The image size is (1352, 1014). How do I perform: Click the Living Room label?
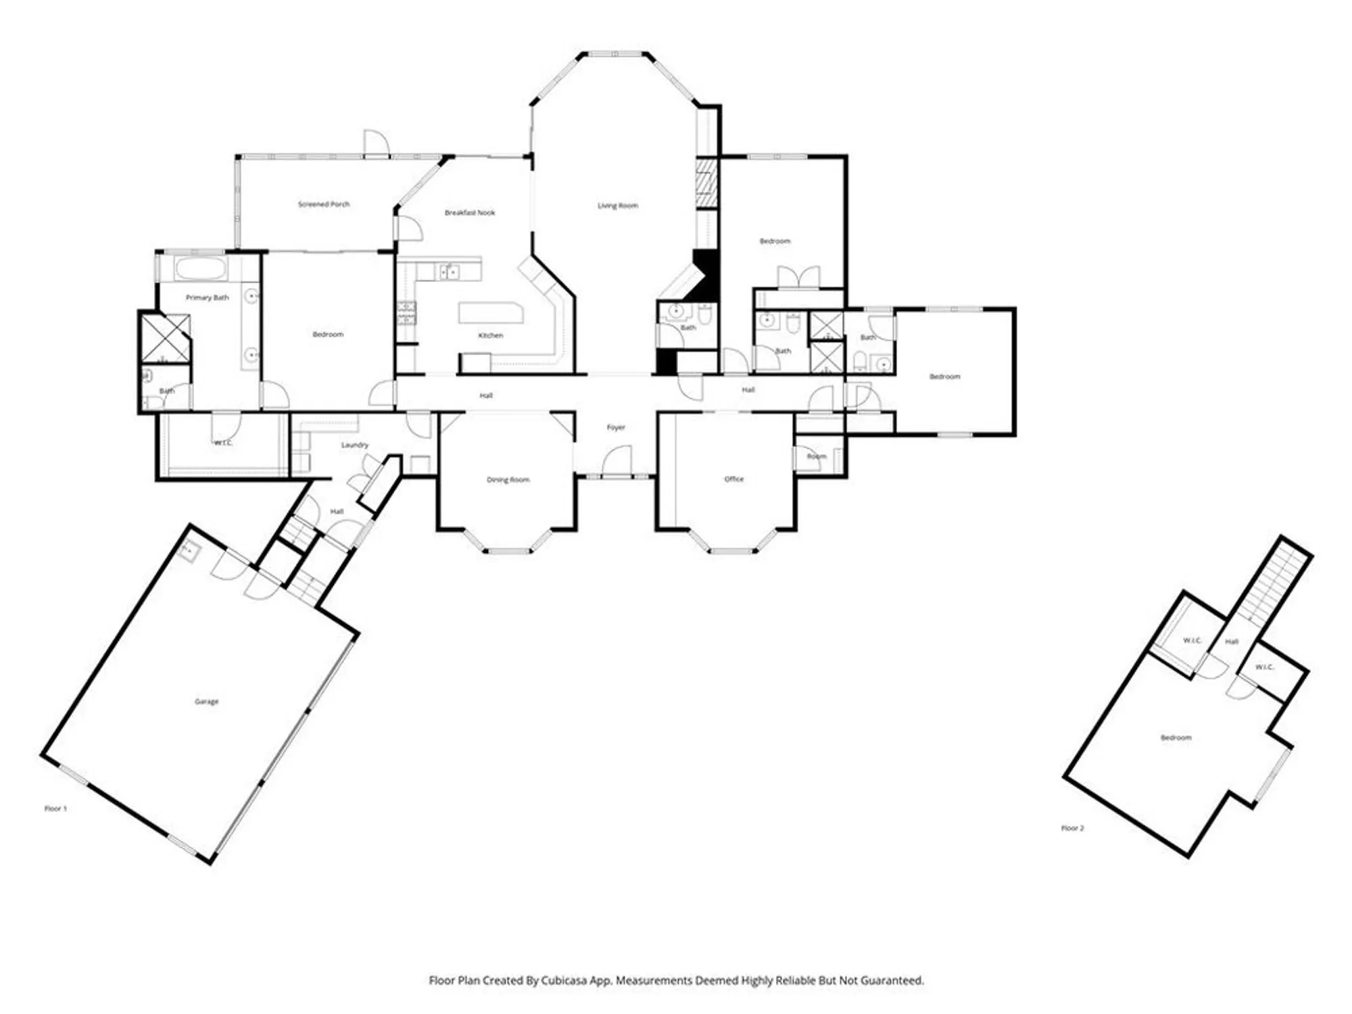click(617, 206)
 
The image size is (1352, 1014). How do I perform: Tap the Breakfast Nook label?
click(470, 212)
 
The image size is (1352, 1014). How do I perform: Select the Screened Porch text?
click(324, 204)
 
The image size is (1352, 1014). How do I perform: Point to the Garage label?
click(206, 702)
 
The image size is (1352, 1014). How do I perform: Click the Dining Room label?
click(508, 480)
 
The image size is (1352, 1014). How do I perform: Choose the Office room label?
click(733, 479)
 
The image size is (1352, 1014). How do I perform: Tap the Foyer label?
click(616, 427)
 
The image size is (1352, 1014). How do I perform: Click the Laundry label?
click(355, 445)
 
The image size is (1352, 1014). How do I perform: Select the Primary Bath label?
click(208, 297)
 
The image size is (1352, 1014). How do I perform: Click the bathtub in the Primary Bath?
click(200, 268)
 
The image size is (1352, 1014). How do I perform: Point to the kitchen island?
click(491, 313)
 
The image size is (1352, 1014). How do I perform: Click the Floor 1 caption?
click(55, 808)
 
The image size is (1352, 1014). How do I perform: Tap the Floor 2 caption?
click(1072, 828)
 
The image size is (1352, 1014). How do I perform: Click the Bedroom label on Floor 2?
click(1176, 738)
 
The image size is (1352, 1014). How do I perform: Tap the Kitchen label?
click(491, 335)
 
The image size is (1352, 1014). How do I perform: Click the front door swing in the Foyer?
click(617, 461)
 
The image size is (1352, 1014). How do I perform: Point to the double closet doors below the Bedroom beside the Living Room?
click(798, 278)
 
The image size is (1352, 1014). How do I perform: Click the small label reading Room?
click(816, 456)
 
